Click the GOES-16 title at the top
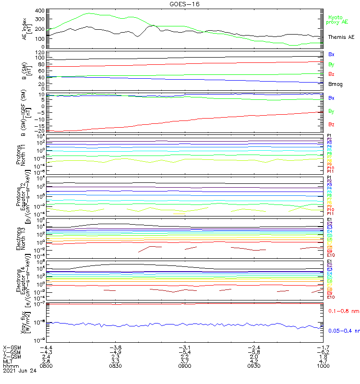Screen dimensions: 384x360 click(x=180, y=4)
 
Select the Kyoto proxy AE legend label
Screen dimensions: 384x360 click(x=337, y=20)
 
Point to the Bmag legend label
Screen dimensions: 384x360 click(x=335, y=84)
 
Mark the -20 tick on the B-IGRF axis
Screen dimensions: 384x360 click(x=38, y=131)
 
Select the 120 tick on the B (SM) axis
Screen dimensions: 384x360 click(x=38, y=51)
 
